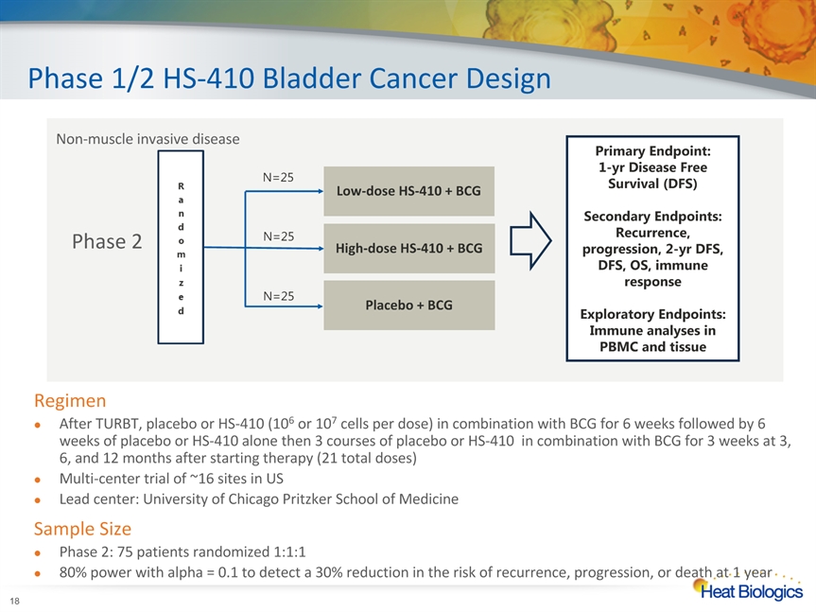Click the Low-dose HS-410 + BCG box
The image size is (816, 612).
pos(408,191)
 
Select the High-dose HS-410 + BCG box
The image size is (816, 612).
pos(408,248)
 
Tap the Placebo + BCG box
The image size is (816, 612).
pos(408,306)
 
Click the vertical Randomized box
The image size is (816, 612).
pos(180,248)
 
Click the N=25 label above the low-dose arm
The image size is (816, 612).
pos(278,177)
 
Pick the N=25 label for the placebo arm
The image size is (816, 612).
pos(278,296)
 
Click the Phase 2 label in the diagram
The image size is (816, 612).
pos(107,242)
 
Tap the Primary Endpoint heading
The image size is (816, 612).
pos(652,150)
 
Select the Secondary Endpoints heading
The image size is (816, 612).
pos(652,217)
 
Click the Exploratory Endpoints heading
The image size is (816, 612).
pos(652,314)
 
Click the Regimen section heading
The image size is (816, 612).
pos(70,400)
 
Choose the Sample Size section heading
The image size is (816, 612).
pos(82,528)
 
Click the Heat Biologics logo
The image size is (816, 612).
pos(747,590)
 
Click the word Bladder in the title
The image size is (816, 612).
pos(286,78)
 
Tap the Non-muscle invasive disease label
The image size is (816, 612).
pos(148,139)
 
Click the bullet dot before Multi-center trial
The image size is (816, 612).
pos(37,479)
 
